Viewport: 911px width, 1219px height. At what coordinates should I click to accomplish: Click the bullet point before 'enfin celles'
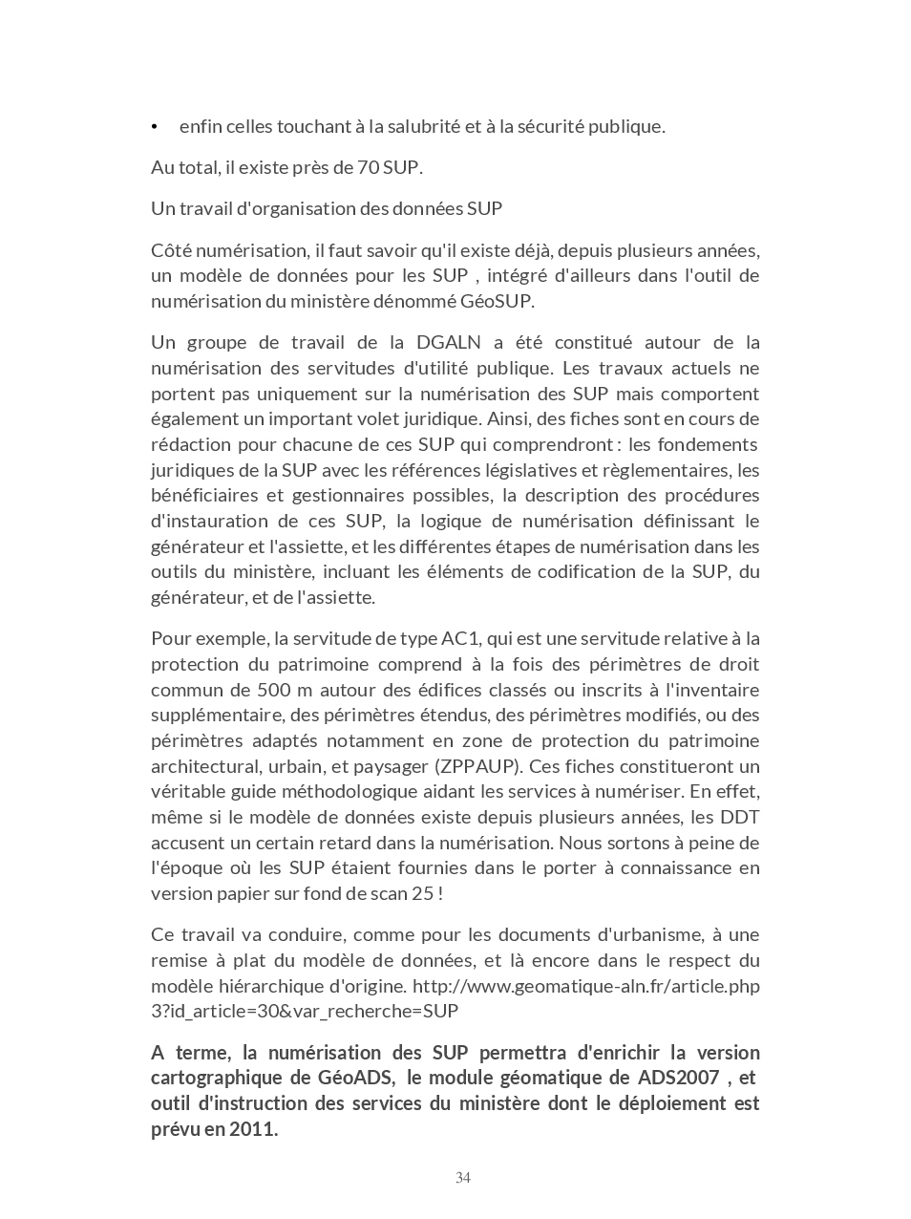[x=155, y=127]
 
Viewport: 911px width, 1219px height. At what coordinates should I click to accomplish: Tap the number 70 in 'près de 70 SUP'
[x=368, y=167]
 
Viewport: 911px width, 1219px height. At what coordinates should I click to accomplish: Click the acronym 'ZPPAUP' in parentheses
[x=477, y=766]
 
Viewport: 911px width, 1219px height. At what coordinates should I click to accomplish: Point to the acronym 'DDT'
[x=740, y=817]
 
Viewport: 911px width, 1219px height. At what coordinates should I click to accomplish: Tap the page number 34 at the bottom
[x=463, y=1178]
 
